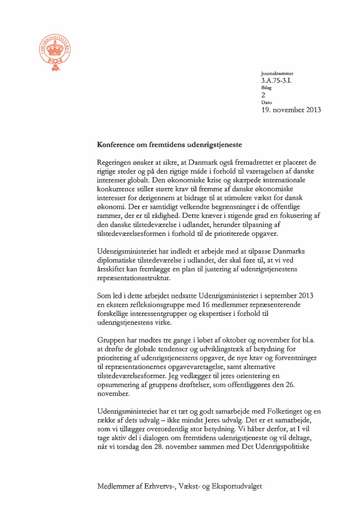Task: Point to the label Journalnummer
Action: point(277,74)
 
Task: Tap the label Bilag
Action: point(266,88)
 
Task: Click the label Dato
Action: point(266,102)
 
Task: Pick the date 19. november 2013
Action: point(291,110)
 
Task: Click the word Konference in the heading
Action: point(117,144)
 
